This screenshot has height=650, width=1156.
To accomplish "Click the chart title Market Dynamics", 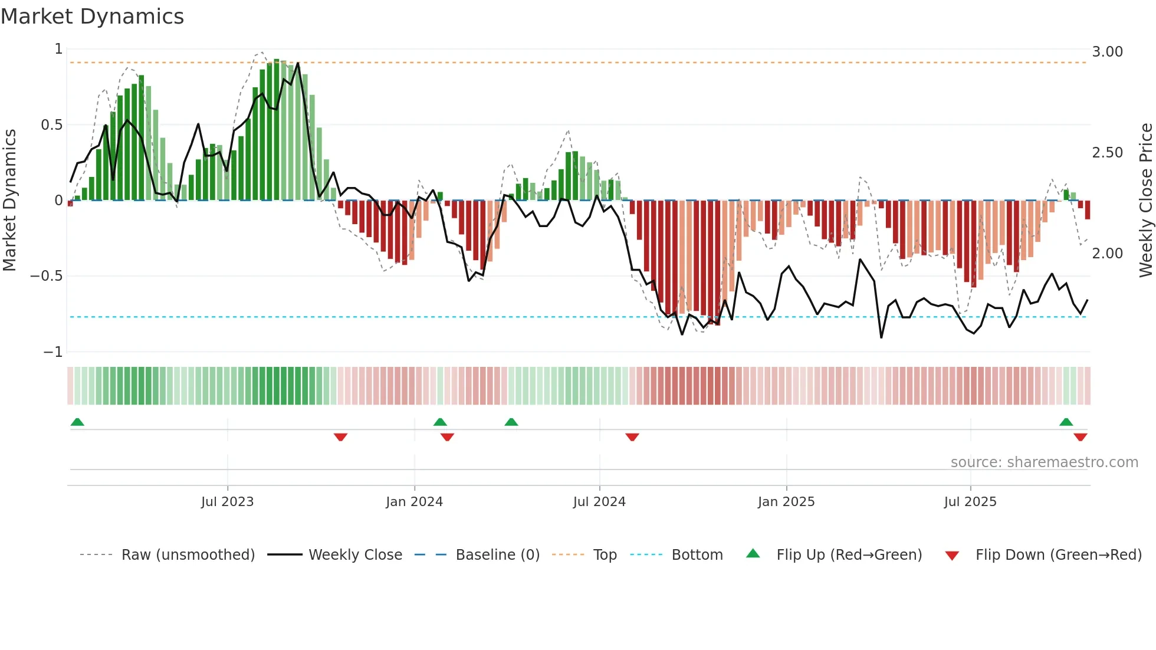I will [x=92, y=17].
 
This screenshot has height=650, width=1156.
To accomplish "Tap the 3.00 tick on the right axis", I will [x=1107, y=52].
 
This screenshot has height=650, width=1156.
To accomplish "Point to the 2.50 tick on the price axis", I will [x=1107, y=153].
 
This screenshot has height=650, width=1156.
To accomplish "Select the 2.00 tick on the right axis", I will [x=1107, y=254].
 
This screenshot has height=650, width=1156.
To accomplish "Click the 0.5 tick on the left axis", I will [x=51, y=125].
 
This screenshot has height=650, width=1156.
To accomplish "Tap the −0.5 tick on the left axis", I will [x=46, y=276].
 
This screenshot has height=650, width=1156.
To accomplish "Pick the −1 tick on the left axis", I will [x=52, y=352].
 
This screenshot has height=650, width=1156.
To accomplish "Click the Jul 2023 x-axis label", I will [x=227, y=502].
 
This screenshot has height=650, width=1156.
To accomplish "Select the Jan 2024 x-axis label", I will [x=414, y=502].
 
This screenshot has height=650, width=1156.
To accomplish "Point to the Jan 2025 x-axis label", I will [x=786, y=502].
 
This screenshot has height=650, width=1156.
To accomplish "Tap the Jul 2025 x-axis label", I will [x=970, y=502].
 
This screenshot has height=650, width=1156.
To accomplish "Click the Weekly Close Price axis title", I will [x=1145, y=200].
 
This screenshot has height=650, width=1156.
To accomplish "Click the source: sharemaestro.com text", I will [x=1044, y=462].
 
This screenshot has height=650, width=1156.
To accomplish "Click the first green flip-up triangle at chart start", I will [x=77, y=422].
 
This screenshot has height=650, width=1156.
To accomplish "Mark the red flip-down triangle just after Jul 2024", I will [x=632, y=437].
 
